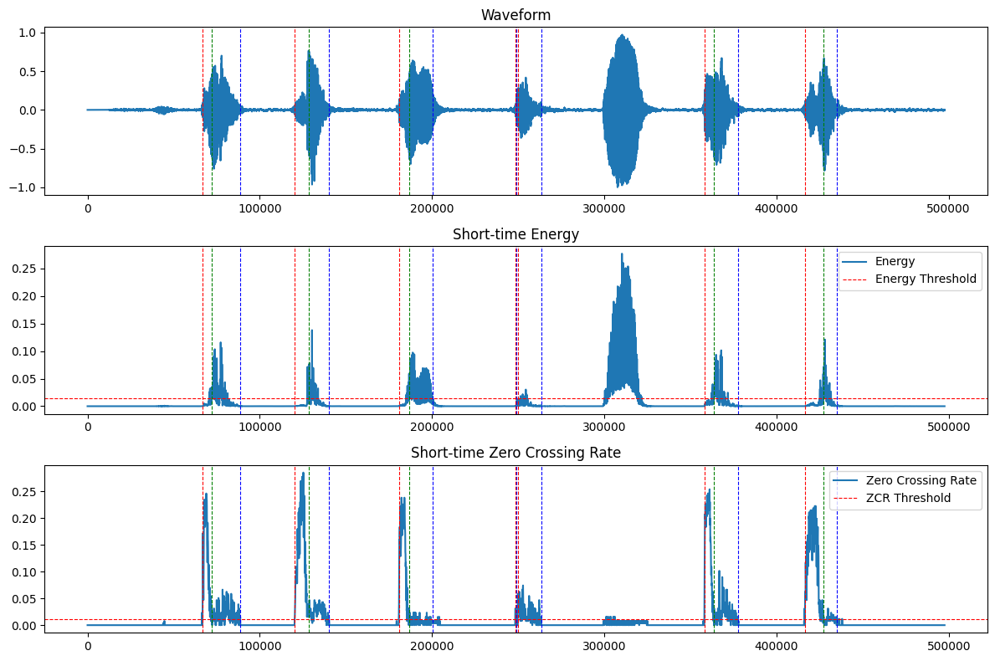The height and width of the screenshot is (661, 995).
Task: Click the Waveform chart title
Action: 515,15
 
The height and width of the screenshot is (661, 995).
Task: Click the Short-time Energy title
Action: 515,234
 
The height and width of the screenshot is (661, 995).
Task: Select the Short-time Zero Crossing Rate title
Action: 515,453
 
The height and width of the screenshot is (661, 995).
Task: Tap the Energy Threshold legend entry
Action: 926,279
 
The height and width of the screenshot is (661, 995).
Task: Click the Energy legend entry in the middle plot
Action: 895,261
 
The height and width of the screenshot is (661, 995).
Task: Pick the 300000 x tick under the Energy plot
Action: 604,425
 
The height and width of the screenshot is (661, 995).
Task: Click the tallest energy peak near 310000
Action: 622,254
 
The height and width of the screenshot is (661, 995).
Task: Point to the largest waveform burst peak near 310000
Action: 622,35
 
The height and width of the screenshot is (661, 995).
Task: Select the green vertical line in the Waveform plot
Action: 823,109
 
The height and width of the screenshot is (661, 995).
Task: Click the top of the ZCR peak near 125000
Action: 303,473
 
